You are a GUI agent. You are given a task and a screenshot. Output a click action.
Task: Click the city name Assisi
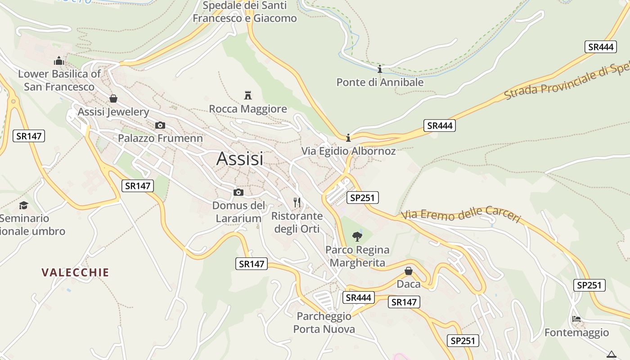[240, 158]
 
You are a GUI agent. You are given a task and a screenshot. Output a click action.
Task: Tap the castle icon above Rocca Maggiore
[247, 95]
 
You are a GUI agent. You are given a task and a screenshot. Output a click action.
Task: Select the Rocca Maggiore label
[248, 109]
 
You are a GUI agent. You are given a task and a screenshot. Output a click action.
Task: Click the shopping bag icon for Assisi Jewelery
[113, 98]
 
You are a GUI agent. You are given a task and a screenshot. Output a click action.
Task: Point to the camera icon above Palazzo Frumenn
[160, 125]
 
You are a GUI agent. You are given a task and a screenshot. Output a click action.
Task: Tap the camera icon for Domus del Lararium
[238, 193]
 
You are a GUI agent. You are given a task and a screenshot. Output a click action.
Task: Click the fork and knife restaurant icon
[297, 202]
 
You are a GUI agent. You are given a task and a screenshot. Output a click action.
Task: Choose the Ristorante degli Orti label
[297, 222]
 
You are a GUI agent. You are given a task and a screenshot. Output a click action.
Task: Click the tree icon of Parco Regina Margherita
[357, 236]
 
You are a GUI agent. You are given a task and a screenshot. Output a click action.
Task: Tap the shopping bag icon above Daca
[409, 271]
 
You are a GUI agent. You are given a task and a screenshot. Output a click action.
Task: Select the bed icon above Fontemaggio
[576, 319]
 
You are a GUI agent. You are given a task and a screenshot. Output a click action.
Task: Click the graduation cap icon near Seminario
[23, 205]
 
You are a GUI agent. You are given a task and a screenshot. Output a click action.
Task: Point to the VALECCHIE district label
[75, 272]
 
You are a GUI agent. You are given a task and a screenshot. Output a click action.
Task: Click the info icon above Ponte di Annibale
[380, 69]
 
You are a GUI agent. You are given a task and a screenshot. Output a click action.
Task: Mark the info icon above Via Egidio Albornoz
[348, 137]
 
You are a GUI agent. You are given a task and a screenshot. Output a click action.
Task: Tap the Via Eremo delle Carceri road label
[461, 214]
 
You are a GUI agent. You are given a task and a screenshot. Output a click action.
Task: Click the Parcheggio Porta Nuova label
[324, 323]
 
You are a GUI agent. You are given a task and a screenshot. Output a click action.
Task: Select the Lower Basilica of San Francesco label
[59, 80]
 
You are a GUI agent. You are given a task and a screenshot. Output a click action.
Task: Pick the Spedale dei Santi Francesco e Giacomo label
[245, 12]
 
